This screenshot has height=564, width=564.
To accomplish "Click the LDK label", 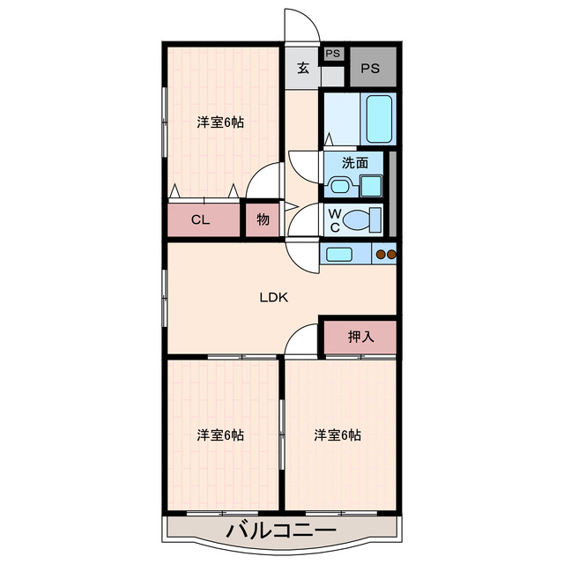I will point(273,297).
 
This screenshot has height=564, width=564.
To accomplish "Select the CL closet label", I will point(201,219).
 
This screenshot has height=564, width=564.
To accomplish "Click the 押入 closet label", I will point(360,336).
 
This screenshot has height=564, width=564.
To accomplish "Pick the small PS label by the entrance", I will point(332,54).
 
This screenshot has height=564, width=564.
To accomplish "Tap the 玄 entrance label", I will point(303,69).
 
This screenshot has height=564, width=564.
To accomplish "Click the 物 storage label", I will point(263,219).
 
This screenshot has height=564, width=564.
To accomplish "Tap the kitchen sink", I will point(339,255).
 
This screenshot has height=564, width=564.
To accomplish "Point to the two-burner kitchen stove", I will point(386,255).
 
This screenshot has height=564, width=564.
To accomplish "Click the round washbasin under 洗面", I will point(339,185).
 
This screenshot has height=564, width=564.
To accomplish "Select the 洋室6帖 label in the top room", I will point(220,122).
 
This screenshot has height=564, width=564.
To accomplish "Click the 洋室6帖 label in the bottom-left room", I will point(220,434).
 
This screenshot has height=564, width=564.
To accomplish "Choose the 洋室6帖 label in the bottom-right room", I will point(338,434).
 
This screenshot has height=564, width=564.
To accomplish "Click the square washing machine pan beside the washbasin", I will point(371,185).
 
